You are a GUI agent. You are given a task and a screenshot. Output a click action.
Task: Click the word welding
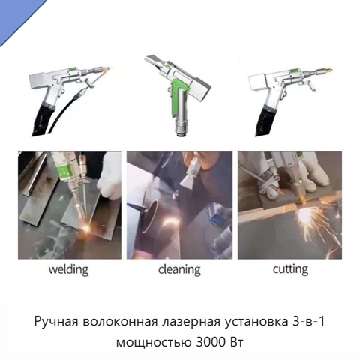[68, 270]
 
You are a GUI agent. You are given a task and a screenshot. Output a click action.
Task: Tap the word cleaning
[179, 270]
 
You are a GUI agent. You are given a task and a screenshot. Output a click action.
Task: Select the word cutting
[290, 270]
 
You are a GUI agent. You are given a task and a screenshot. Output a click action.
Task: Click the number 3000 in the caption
[208, 342]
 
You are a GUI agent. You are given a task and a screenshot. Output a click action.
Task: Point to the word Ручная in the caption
[57, 322]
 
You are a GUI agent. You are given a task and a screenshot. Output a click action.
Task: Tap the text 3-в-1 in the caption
[308, 321]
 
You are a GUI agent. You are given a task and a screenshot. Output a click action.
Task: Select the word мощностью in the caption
[154, 343]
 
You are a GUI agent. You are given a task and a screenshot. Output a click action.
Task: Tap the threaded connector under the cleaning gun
[182, 128]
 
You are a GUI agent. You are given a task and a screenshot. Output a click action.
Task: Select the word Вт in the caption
[235, 342]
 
